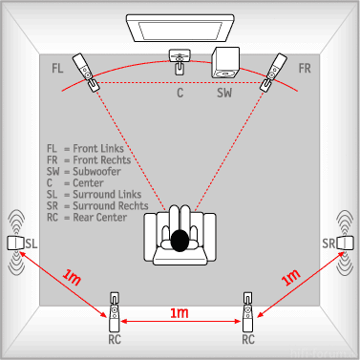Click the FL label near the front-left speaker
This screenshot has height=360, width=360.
click(x=57, y=68)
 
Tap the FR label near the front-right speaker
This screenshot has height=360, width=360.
click(x=305, y=68)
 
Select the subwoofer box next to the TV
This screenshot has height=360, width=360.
click(x=225, y=63)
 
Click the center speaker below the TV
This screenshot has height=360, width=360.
click(x=180, y=61)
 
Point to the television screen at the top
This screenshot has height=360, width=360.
click(x=180, y=28)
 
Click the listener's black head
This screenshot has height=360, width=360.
click(x=180, y=241)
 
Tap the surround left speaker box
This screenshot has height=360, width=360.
click(x=15, y=244)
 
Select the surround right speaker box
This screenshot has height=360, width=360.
click(x=345, y=244)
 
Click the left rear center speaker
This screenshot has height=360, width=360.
click(x=115, y=312)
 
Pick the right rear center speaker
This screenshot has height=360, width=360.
click(x=247, y=312)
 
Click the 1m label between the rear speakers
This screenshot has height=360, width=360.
click(x=180, y=313)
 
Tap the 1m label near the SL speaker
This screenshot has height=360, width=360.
click(x=72, y=277)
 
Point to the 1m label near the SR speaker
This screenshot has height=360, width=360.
click(x=290, y=277)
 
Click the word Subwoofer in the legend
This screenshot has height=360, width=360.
click(x=96, y=172)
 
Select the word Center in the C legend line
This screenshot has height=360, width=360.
click(x=88, y=183)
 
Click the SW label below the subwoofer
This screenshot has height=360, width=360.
click(x=224, y=93)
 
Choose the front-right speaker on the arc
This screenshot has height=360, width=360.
click(x=273, y=73)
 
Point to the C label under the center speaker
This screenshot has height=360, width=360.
click(x=180, y=93)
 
